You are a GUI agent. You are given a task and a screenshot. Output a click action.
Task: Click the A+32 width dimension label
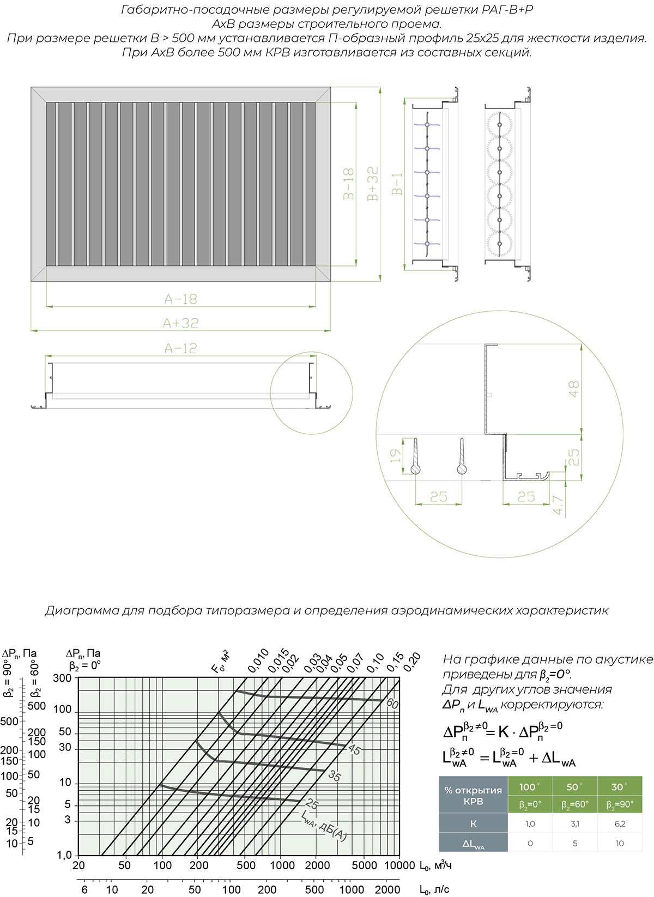[x=180, y=323]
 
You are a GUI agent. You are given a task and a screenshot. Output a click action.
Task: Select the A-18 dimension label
[x=180, y=299]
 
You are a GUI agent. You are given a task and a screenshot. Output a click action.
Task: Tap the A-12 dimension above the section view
[x=180, y=348]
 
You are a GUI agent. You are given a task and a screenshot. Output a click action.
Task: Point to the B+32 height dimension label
[x=372, y=184]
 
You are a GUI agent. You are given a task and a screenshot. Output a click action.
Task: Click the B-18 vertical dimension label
[x=349, y=184]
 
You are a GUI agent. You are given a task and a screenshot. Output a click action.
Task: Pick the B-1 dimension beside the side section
[x=397, y=184]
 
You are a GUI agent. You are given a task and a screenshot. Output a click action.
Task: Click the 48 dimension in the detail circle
[x=573, y=389]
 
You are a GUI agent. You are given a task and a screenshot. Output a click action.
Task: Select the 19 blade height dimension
[x=395, y=456]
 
